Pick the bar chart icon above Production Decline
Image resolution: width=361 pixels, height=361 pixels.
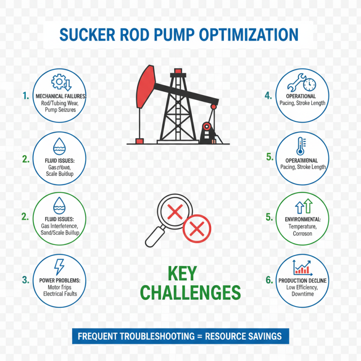(x=302, y=268)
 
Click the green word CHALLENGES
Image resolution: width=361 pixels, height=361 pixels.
(x=190, y=293)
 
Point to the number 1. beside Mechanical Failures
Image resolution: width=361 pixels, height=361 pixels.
(x=26, y=96)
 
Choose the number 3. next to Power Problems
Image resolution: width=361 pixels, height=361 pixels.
(x=26, y=280)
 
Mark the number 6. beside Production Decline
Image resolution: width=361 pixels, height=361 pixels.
(x=269, y=280)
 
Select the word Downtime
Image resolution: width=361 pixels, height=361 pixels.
(x=302, y=294)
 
